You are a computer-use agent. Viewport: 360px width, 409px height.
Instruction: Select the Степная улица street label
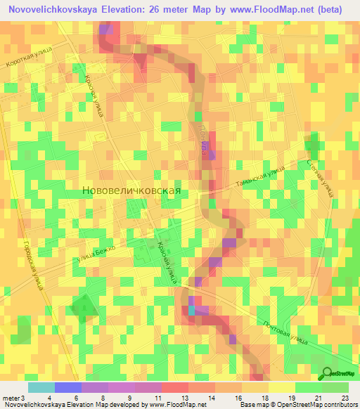click(x=321, y=176)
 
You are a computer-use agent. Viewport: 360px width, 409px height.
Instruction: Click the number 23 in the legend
click(x=344, y=398)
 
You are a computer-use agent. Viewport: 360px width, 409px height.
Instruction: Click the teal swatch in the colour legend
click(x=41, y=387)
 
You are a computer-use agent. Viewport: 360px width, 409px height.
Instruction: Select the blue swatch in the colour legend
click(x=67, y=387)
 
